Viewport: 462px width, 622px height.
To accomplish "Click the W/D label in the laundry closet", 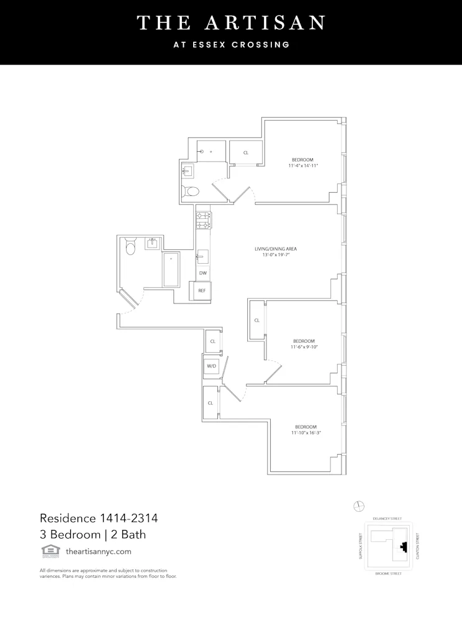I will tap(211, 366).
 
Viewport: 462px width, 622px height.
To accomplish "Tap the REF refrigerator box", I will tap(202, 290).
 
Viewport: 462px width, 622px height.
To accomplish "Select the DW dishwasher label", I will tap(202, 273).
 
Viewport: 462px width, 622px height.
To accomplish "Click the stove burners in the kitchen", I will tap(204, 220).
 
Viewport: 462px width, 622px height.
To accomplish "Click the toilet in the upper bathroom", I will tap(191, 191).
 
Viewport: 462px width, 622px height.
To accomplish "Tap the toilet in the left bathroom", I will tap(130, 248).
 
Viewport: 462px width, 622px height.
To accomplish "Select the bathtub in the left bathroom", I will tap(171, 269).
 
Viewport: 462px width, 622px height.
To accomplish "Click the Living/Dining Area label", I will tap(272, 249).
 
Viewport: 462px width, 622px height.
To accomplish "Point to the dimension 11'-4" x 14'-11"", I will tap(303, 166).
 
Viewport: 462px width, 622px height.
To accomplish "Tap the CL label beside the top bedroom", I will tap(246, 152).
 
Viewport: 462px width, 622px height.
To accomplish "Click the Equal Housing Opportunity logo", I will tap(47, 550).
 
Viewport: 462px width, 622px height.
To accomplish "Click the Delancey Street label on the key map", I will tap(387, 518).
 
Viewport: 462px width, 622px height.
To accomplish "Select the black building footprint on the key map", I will tap(404, 547).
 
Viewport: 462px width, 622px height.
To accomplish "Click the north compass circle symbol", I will tap(358, 506).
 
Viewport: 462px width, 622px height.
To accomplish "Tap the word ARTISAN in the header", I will tap(271, 23).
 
